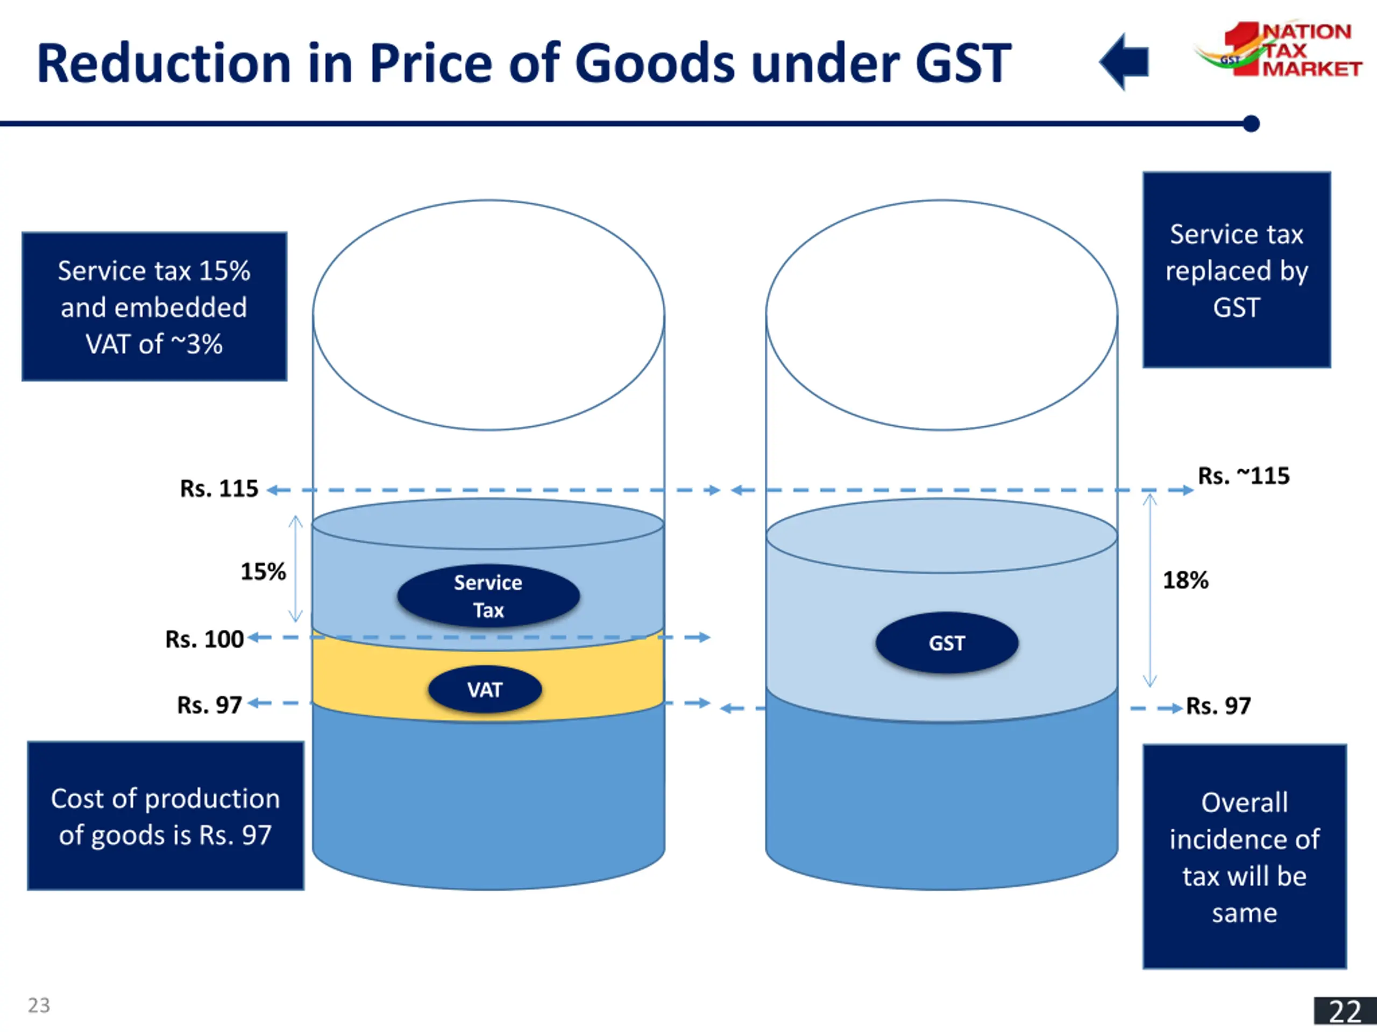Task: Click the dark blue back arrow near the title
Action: (x=1125, y=62)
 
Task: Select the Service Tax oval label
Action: (x=488, y=596)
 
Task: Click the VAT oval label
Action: (x=485, y=689)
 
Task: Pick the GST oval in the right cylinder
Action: (x=946, y=643)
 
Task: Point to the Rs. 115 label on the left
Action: (x=218, y=489)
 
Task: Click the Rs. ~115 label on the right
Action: (x=1243, y=476)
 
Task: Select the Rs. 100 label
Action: (x=204, y=640)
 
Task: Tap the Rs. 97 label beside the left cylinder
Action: (x=209, y=705)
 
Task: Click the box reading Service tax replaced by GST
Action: (x=1236, y=270)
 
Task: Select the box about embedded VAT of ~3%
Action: (x=154, y=307)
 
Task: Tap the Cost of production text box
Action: (x=166, y=815)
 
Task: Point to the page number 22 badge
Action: (x=1345, y=1012)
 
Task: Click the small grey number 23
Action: (x=39, y=1005)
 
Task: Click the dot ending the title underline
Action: (x=1251, y=124)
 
